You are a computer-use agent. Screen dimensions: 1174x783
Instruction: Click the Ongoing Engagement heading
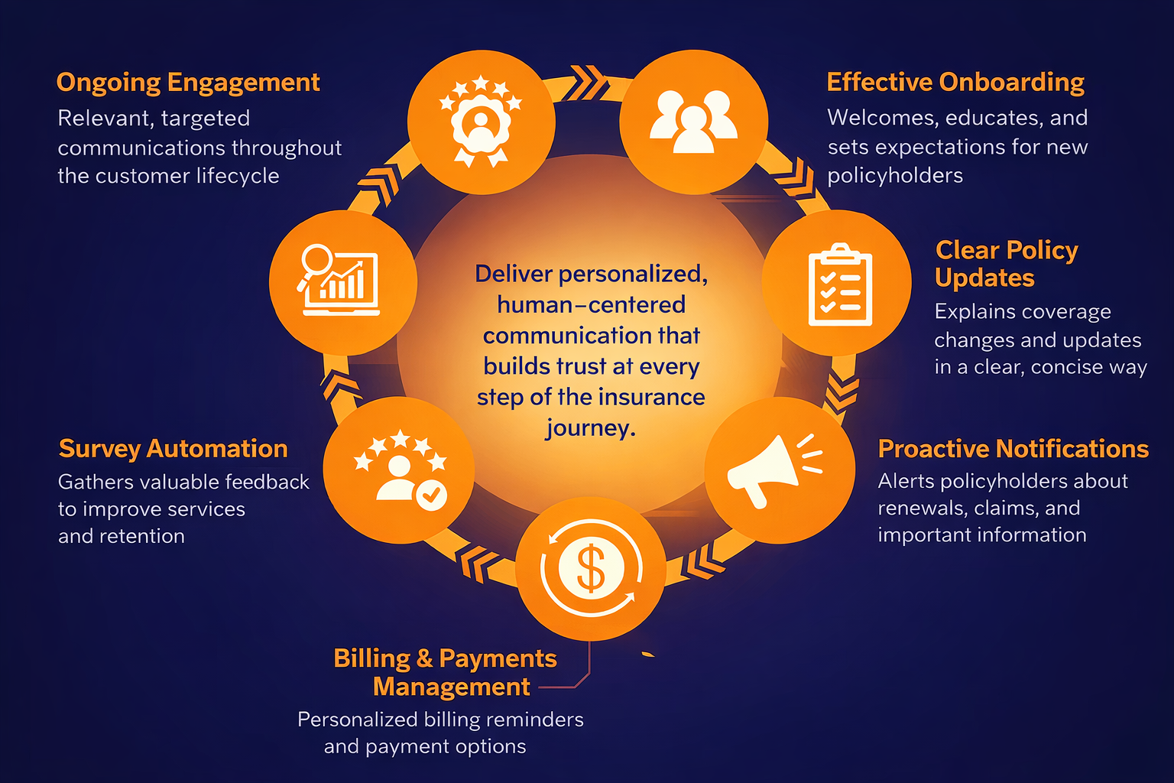pyautogui.click(x=188, y=83)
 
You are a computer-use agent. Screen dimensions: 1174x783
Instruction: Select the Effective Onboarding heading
pyautogui.click(x=955, y=83)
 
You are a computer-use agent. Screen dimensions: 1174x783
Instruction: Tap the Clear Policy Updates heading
pyautogui.click(x=1006, y=264)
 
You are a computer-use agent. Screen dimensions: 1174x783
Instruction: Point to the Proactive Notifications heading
pyautogui.click(x=1013, y=449)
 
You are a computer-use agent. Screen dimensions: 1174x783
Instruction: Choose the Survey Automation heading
pyautogui.click(x=174, y=449)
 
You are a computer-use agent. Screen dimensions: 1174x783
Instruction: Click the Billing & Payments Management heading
pyautogui.click(x=446, y=672)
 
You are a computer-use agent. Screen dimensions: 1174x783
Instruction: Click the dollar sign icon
pyautogui.click(x=591, y=568)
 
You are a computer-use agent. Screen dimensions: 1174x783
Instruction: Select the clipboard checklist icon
pyautogui.click(x=839, y=284)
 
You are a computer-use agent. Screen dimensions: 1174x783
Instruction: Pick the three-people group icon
pyautogui.click(x=693, y=122)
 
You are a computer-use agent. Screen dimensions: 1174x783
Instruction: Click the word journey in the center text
pyautogui.click(x=590, y=428)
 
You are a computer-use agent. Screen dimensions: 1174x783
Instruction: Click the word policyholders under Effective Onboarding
pyautogui.click(x=895, y=176)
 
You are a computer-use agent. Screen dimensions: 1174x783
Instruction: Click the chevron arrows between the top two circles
pyautogui.click(x=588, y=83)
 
